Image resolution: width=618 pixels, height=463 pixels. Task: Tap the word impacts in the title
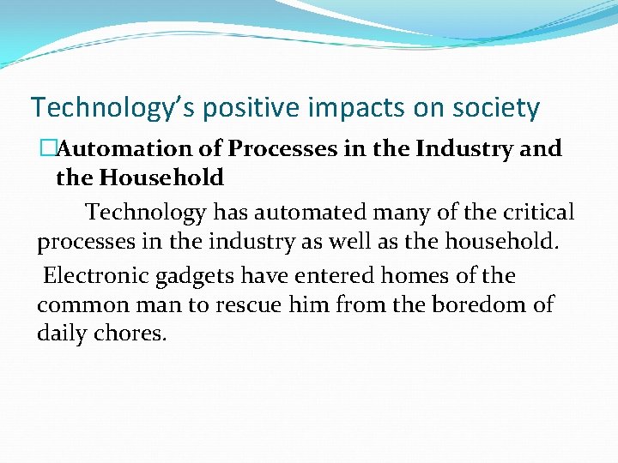click(348, 109)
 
